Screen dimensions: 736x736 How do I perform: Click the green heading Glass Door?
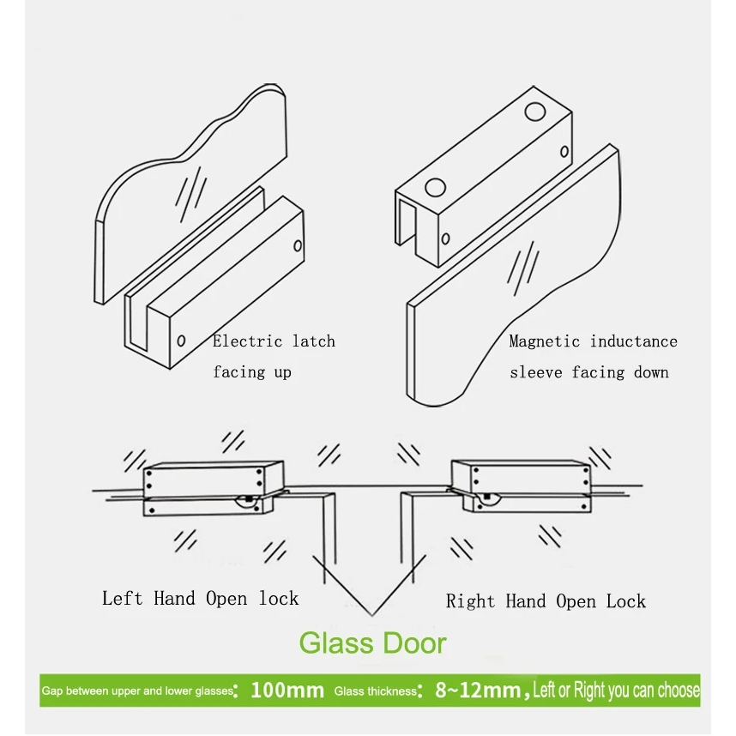(x=372, y=643)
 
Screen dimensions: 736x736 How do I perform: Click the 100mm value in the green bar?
(x=287, y=691)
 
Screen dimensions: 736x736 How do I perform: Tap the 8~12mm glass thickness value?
(x=478, y=691)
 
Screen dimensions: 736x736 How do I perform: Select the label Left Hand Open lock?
(x=201, y=599)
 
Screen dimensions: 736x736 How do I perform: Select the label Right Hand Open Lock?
(x=546, y=601)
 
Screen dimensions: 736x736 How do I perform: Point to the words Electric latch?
(x=274, y=341)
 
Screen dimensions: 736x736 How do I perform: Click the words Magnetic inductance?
(x=594, y=341)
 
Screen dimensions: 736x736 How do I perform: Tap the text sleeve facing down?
(x=589, y=372)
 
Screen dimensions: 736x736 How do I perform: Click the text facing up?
(x=252, y=371)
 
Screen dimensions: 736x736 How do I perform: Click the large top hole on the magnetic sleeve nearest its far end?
(x=534, y=112)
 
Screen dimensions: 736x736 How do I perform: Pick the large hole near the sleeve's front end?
(x=435, y=187)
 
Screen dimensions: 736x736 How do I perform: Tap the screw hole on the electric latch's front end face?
(x=181, y=341)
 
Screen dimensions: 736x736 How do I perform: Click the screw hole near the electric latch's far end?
(x=298, y=245)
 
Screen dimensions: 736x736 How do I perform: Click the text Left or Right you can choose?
(x=616, y=690)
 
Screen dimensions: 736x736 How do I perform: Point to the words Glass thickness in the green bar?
(x=375, y=691)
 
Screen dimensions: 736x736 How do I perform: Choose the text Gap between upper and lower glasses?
(x=137, y=691)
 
